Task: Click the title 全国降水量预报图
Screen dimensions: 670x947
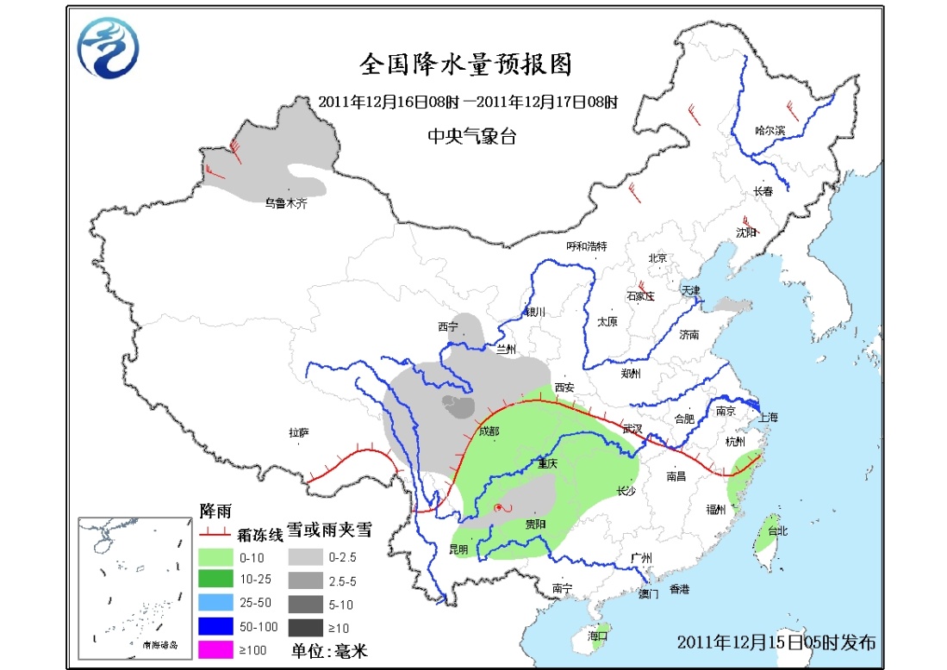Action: (464, 65)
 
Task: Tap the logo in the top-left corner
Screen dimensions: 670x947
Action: (109, 48)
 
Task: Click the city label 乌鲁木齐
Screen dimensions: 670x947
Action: (285, 203)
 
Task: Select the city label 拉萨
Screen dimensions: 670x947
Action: (298, 434)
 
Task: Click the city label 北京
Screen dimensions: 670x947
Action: (657, 257)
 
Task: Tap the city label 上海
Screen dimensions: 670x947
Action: (768, 417)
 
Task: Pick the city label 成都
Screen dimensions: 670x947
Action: (488, 431)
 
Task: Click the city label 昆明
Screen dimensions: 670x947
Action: (458, 549)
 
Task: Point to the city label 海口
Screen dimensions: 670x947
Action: (597, 635)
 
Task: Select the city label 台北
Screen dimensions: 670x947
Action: (776, 531)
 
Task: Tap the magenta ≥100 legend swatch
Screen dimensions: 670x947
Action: (215, 649)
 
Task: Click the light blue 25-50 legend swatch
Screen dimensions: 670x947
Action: (215, 603)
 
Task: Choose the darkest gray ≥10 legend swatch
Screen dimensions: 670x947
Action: (305, 627)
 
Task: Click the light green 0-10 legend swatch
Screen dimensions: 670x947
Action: (215, 556)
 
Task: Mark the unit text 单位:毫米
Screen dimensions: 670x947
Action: (328, 651)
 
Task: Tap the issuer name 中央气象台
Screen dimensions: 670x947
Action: (471, 136)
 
